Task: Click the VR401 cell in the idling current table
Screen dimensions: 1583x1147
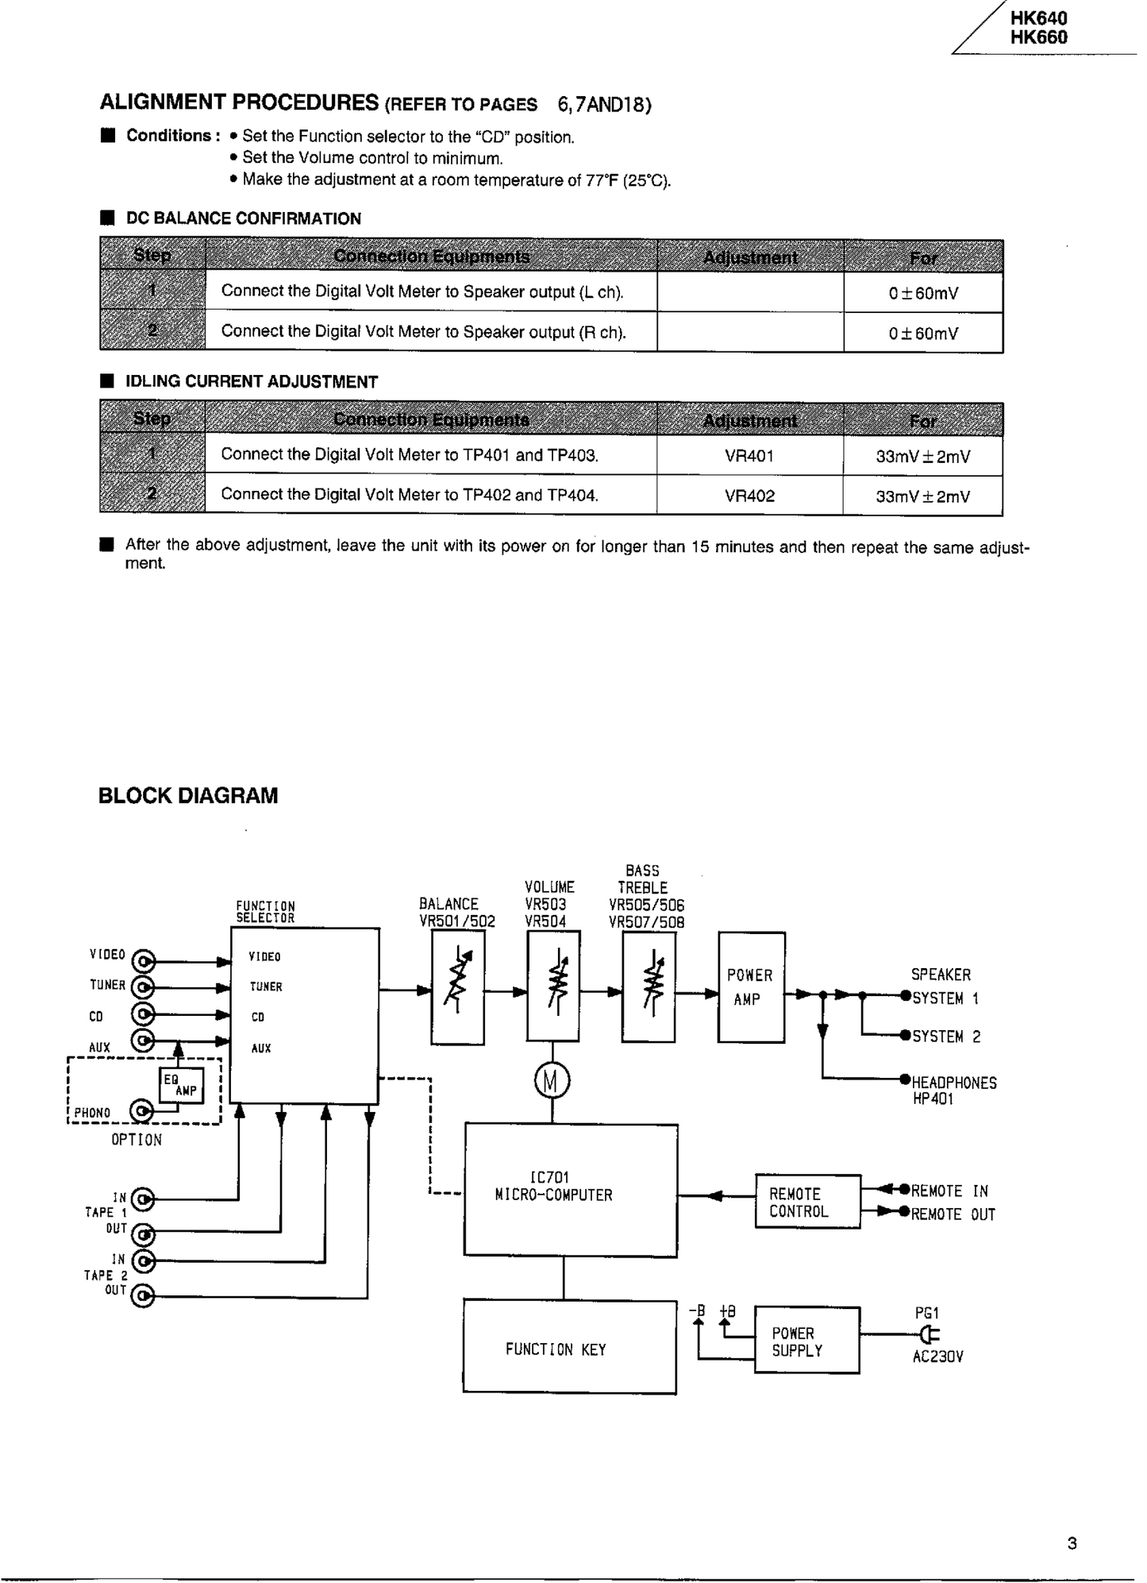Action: (749, 456)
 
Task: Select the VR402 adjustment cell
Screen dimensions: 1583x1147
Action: (749, 496)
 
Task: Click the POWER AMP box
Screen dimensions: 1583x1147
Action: (750, 986)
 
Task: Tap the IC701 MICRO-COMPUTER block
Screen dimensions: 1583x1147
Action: (570, 1190)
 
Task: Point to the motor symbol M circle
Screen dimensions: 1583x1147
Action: (552, 1081)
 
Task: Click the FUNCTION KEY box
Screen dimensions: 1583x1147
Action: (569, 1349)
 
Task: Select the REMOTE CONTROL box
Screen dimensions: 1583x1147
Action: (806, 1202)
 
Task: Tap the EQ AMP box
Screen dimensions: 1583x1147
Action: (180, 1085)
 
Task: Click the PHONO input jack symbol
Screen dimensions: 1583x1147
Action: (142, 1111)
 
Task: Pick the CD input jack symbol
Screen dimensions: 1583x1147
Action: (143, 1015)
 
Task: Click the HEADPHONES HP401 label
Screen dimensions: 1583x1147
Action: (953, 1090)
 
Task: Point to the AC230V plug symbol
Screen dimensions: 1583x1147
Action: (930, 1335)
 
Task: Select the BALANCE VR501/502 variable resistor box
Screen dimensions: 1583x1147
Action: (457, 987)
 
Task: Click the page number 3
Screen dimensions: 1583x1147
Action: (1072, 1543)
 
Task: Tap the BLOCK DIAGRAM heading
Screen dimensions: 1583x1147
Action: (188, 796)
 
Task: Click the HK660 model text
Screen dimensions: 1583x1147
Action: (1038, 37)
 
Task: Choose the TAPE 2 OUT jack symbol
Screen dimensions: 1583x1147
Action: (143, 1296)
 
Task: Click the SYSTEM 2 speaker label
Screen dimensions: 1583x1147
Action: (945, 1037)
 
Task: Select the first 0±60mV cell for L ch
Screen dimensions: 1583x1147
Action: (922, 293)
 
